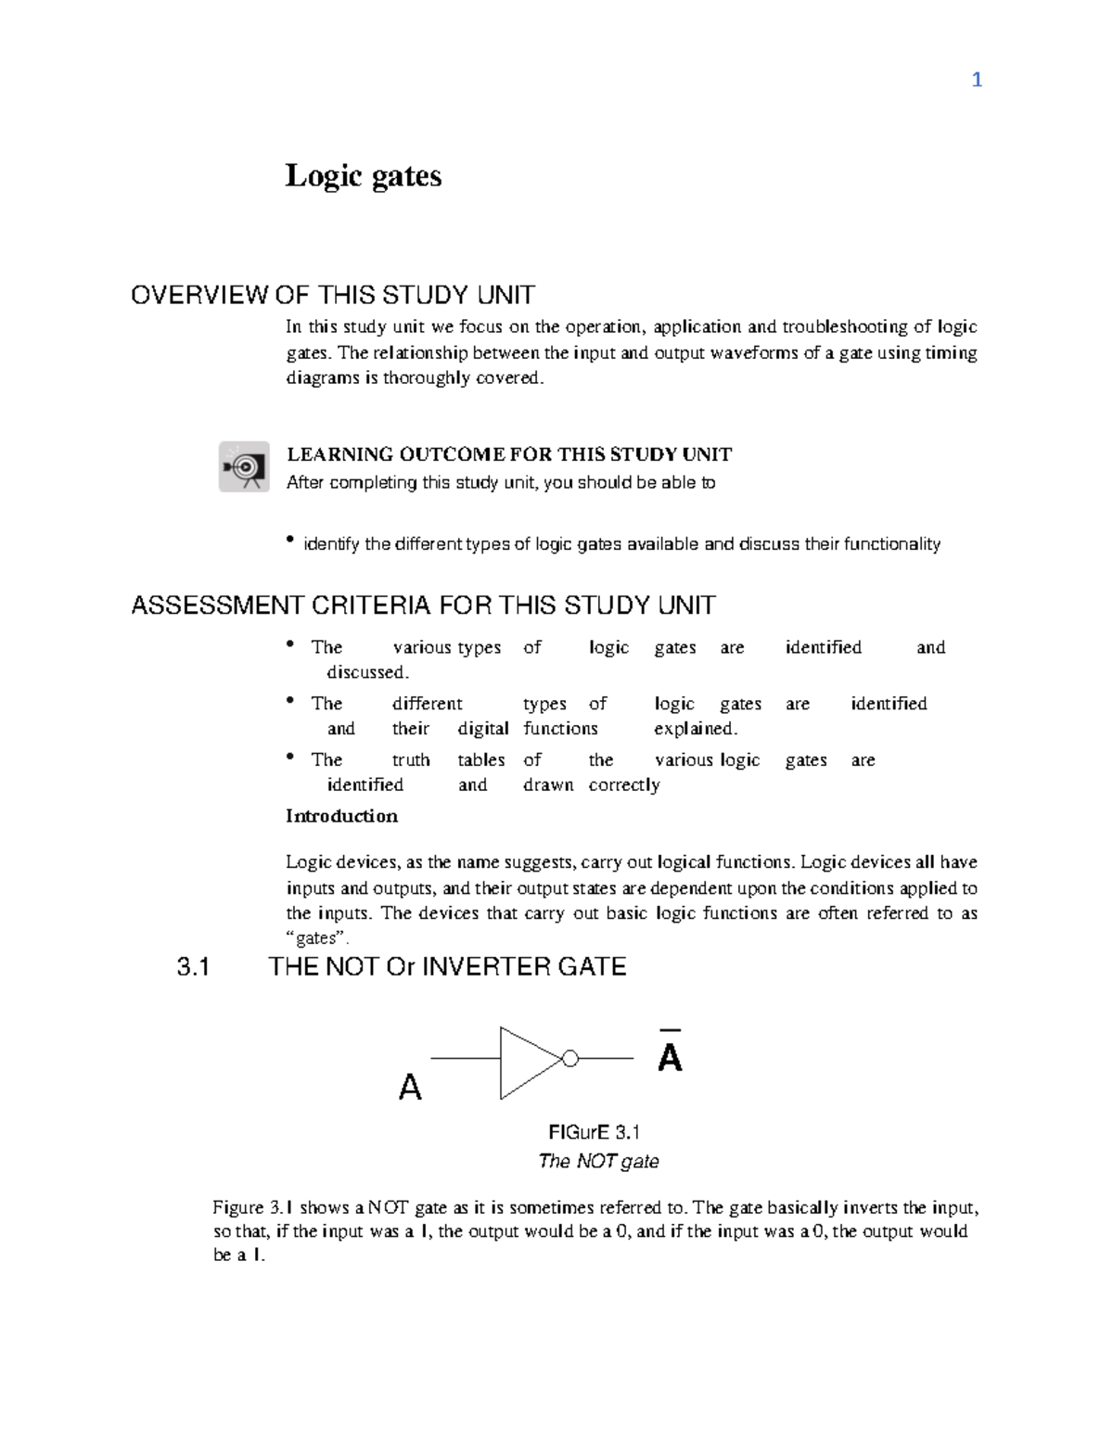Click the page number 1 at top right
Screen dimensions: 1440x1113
(976, 81)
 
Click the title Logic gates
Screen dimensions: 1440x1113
(363, 175)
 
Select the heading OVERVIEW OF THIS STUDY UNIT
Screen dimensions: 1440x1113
(332, 296)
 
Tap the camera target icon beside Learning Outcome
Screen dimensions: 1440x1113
(244, 466)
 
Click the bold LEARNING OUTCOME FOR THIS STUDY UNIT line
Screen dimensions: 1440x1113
(509, 454)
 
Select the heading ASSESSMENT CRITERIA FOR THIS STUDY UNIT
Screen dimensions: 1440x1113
(423, 605)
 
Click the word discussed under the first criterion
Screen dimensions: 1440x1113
(366, 672)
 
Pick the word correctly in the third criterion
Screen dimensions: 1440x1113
(624, 785)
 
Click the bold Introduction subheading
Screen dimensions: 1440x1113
(341, 816)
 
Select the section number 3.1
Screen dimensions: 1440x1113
(193, 967)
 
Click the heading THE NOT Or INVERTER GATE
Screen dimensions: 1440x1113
(447, 967)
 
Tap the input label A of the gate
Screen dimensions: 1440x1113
(410, 1087)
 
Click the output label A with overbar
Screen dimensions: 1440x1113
(670, 1054)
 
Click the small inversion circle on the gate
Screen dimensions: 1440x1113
(570, 1059)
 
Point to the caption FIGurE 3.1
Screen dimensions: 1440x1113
(594, 1132)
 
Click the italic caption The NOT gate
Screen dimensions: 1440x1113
(598, 1161)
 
